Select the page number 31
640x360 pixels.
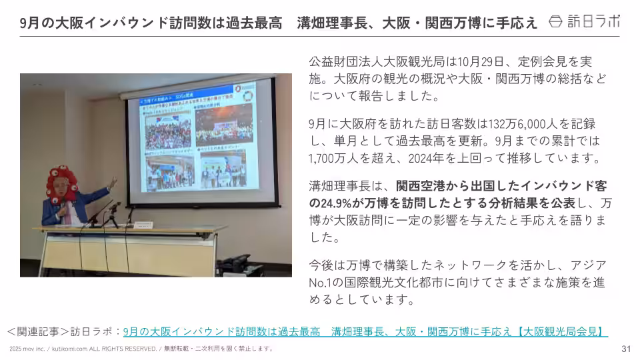click(x=625, y=349)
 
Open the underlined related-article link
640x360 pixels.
click(x=365, y=331)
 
